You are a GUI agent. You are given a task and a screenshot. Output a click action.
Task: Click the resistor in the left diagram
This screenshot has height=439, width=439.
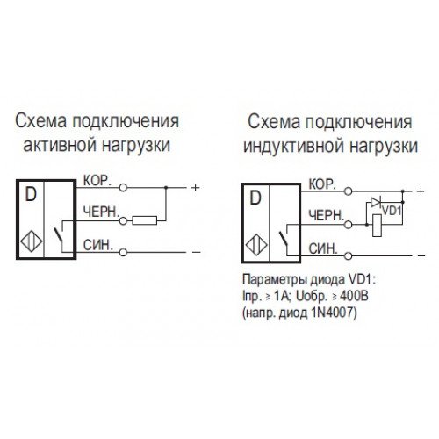point(145,220)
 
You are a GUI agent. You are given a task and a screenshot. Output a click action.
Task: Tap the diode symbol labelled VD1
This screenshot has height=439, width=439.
point(376,202)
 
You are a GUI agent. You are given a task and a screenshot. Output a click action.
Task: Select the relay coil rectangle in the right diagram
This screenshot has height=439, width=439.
point(377,226)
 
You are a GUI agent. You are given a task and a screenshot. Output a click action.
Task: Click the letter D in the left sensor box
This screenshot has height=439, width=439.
point(31,194)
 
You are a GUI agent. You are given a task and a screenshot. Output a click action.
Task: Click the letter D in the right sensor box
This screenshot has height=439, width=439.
point(255,198)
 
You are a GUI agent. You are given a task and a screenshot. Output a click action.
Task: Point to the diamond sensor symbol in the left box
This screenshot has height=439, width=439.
point(32,241)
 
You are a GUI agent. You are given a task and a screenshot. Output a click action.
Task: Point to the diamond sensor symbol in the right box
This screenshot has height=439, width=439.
point(256,246)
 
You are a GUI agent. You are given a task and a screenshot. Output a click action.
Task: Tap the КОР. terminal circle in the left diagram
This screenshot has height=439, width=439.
point(123,188)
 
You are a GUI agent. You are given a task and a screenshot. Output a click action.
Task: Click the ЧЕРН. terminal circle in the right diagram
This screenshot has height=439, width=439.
point(348,225)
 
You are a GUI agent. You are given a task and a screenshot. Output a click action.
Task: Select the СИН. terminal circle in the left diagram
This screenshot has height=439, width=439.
point(123,252)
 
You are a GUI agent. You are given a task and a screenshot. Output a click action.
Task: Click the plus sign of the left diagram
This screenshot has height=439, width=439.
point(195,187)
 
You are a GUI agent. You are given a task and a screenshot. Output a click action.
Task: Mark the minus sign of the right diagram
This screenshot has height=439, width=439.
point(421,256)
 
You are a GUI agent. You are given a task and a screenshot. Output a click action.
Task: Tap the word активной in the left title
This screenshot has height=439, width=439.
point(61,145)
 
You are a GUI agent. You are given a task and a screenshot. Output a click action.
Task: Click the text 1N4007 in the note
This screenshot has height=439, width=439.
point(329,313)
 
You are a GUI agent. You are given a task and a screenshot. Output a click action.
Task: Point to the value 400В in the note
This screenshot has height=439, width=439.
point(354,297)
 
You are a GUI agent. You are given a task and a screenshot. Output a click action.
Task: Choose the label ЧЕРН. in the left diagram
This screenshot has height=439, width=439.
point(101,212)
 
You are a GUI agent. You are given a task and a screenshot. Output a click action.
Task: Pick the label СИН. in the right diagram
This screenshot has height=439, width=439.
point(323,249)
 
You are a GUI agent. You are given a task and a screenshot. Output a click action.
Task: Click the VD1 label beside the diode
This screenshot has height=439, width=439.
point(391,211)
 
